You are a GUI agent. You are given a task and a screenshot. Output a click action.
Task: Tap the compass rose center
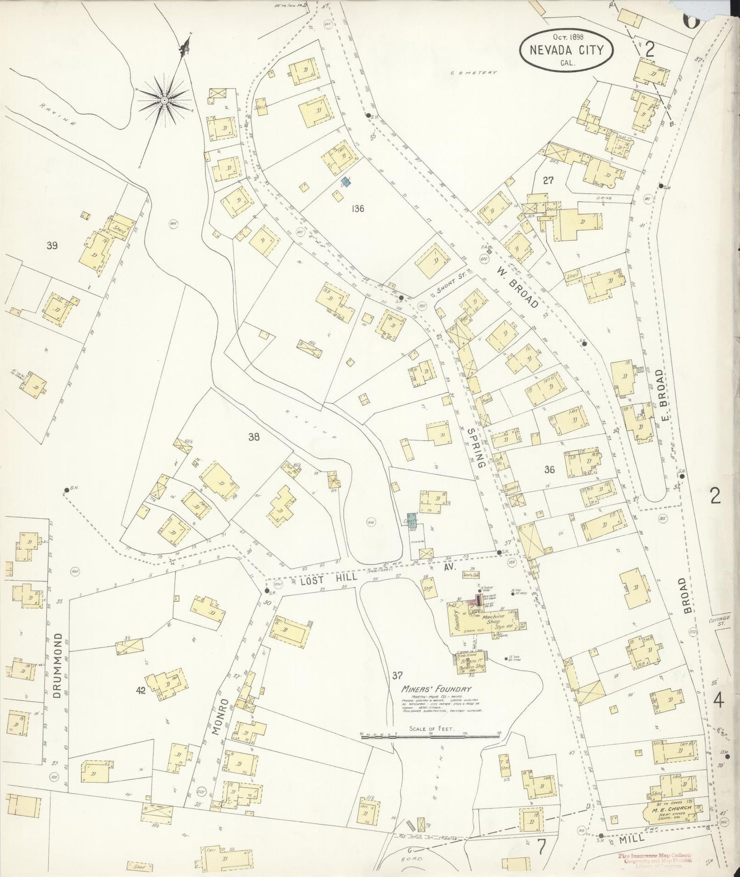[x=164, y=100]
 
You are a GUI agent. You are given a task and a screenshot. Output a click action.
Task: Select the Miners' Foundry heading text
[x=436, y=689]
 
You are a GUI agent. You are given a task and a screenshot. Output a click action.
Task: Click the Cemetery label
[x=474, y=73]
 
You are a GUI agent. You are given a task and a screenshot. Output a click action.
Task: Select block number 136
[x=358, y=208]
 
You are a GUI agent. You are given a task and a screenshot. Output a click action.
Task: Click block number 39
[x=51, y=246]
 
